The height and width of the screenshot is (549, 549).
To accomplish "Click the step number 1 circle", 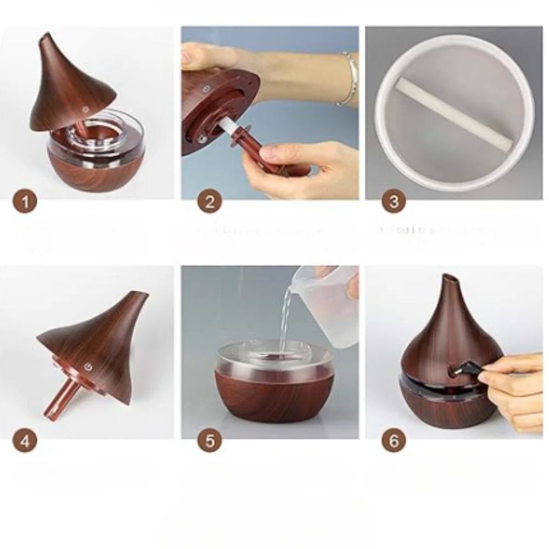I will click(x=25, y=202).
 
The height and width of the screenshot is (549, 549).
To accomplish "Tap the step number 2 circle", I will click(x=209, y=202).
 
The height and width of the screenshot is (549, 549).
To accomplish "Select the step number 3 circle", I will click(x=393, y=202).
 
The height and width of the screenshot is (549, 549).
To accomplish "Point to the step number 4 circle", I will click(x=25, y=440).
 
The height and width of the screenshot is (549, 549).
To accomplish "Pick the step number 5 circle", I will click(x=209, y=440).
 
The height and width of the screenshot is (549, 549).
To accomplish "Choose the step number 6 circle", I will click(x=393, y=440).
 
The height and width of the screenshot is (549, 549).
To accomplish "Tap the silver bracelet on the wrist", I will click(x=346, y=79).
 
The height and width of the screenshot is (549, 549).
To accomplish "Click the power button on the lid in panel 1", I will click(x=86, y=108).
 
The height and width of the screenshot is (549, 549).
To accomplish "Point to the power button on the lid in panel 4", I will click(x=88, y=366).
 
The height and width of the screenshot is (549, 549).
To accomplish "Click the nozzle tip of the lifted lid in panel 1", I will click(x=46, y=42).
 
